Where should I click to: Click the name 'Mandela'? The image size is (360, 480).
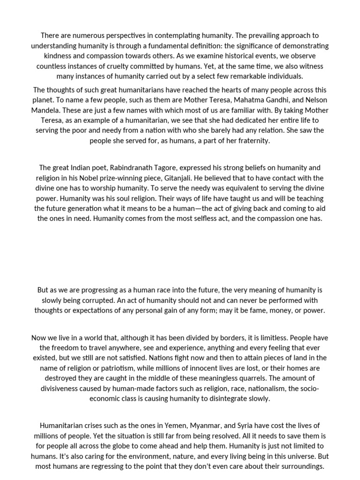coord(49,110)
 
